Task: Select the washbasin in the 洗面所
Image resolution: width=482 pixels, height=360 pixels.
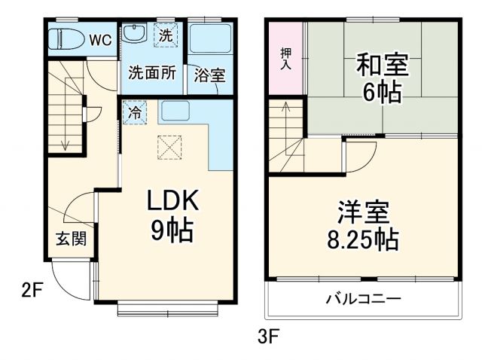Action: coord(135,35)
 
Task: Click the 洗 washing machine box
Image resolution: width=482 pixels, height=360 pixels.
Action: coord(167,35)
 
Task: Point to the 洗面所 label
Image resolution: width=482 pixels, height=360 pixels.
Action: coord(151,74)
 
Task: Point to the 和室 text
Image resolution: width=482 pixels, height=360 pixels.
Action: coord(382,66)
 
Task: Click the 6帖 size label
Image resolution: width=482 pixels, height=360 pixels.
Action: coord(382,93)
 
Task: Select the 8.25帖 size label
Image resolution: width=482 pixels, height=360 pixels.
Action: coord(363,240)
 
